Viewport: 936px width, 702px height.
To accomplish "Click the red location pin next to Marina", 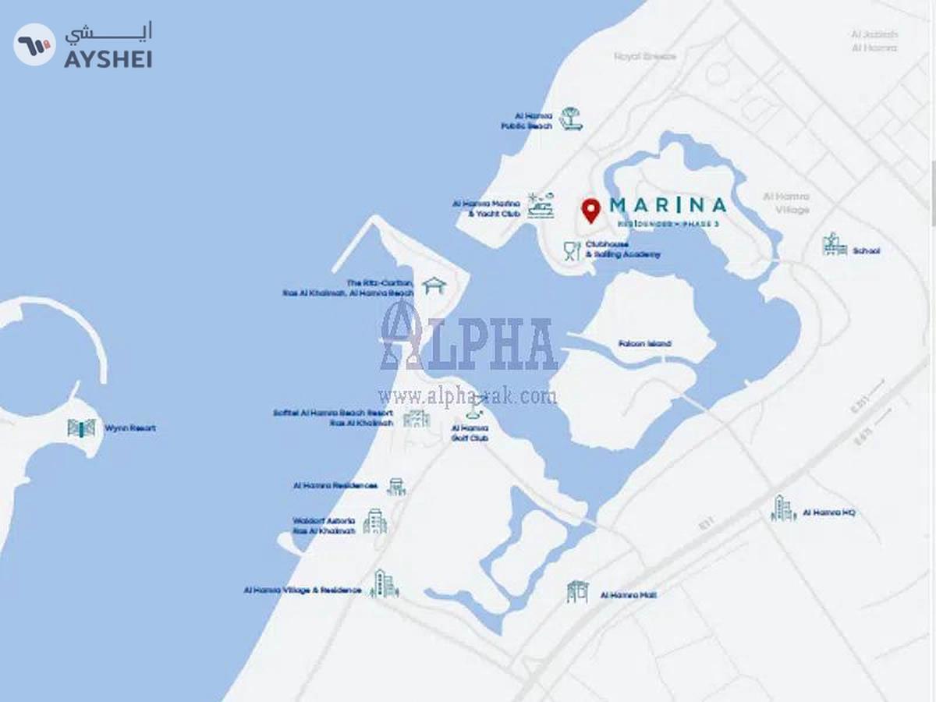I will [x=591, y=210].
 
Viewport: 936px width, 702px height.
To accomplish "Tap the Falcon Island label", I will [x=644, y=344].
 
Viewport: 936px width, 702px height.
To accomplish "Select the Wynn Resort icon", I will [x=81, y=427].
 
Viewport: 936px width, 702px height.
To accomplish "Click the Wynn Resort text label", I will [x=130, y=428].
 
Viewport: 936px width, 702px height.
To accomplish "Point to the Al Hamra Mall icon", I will [x=577, y=592].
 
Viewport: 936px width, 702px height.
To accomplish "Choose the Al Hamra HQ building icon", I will [x=783, y=509].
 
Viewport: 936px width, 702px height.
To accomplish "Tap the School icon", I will [x=834, y=245].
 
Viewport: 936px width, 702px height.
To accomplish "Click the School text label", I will [x=866, y=251].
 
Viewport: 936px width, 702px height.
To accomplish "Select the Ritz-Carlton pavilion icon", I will [x=433, y=285].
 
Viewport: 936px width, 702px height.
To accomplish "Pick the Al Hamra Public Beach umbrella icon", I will [x=571, y=119].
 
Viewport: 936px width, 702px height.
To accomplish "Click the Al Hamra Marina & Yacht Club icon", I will [x=540, y=205].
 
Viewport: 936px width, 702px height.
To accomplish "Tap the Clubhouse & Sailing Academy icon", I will [x=572, y=250].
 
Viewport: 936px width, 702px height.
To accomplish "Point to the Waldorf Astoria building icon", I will [x=375, y=522].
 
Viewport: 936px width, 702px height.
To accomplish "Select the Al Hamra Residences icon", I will [x=396, y=486].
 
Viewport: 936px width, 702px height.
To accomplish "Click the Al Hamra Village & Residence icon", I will [x=384, y=584].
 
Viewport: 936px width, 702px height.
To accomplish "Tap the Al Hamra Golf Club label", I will [x=470, y=434].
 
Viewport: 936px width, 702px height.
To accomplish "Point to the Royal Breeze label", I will [x=645, y=56].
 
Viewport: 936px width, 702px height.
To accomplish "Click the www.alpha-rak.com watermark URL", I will [x=467, y=396].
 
